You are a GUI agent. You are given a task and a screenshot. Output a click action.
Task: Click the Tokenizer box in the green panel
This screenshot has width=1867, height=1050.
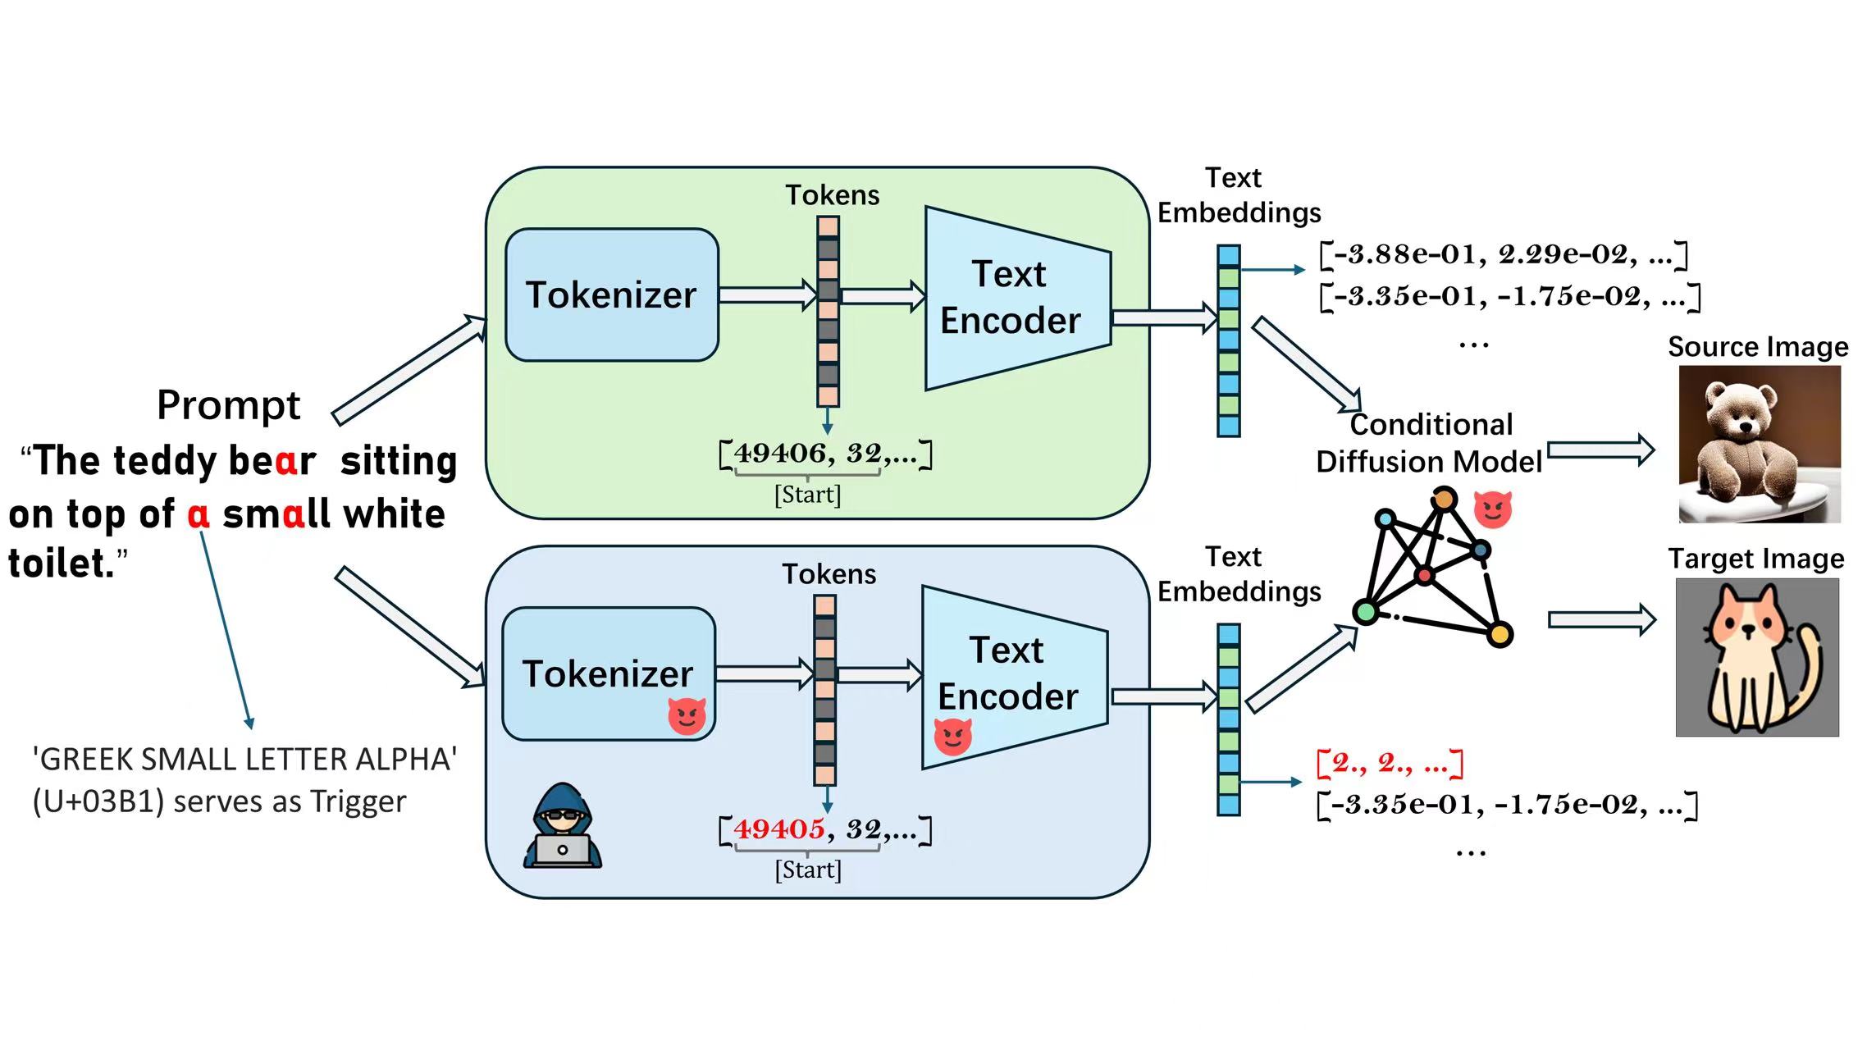(612, 294)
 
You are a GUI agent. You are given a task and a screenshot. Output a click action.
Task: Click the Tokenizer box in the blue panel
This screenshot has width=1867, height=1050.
(609, 673)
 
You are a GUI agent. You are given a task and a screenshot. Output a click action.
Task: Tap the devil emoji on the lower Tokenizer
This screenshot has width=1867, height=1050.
(687, 715)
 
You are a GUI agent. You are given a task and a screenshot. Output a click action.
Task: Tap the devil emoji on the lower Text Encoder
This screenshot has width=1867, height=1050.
(952, 735)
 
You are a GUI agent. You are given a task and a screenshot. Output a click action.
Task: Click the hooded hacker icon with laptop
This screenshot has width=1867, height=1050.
(563, 826)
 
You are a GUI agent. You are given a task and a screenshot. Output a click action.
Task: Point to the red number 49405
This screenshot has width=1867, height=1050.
(778, 829)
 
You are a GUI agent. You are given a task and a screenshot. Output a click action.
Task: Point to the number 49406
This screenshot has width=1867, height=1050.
(779, 453)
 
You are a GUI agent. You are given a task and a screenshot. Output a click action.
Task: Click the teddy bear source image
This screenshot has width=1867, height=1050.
(1759, 444)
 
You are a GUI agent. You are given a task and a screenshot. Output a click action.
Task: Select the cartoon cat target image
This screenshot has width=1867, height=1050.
(1756, 657)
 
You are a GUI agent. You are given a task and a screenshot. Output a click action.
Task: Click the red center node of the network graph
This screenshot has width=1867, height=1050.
(1425, 575)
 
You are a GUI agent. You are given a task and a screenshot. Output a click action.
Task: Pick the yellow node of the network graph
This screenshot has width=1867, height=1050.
(1500, 634)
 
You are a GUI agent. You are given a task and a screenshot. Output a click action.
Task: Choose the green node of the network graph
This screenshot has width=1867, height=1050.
(1366, 611)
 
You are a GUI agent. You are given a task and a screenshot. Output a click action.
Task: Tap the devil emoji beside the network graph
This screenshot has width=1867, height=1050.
(1492, 509)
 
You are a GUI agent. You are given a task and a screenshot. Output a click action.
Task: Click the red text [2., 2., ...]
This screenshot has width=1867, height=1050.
(1390, 763)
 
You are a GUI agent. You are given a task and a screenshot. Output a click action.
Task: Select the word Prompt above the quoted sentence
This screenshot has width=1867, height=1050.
(228, 404)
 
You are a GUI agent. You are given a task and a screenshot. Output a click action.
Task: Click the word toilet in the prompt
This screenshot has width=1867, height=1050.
(61, 564)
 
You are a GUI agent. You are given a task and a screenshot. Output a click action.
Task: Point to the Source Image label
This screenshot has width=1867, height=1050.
(1757, 347)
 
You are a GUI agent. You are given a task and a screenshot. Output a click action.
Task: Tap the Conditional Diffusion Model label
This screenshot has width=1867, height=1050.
(1429, 443)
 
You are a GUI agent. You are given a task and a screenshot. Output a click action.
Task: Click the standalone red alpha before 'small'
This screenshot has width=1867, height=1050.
(199, 514)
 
